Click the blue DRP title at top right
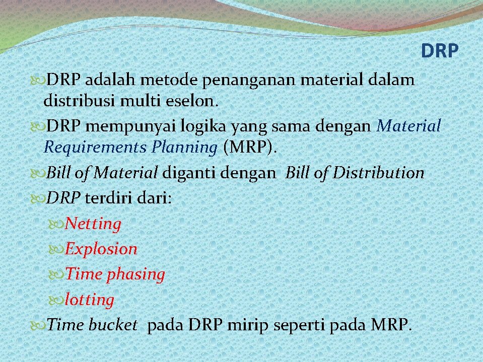(439, 51)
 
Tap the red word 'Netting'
(93, 224)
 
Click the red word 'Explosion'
(101, 249)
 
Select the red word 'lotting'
(90, 300)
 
